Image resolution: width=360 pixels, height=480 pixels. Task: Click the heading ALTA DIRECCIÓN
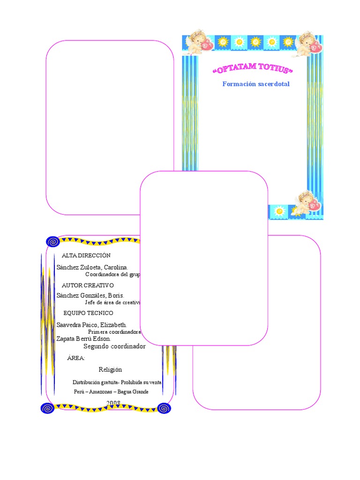tap(86, 255)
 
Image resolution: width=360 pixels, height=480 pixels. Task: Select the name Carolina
tap(112, 267)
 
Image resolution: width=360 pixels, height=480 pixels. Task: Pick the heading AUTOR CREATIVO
tap(88, 285)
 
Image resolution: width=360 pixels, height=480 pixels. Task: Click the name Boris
tap(115, 296)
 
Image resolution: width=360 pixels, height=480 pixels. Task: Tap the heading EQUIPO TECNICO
tap(88, 313)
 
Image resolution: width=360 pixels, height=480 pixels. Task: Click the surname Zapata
tap(66, 338)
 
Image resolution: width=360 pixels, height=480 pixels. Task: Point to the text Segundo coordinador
tap(114, 346)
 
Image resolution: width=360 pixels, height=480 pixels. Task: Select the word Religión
tap(110, 369)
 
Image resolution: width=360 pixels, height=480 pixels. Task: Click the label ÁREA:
tap(76, 358)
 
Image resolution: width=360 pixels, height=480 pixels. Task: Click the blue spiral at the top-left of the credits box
tap(52, 241)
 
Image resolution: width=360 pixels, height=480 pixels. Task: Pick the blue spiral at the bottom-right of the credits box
tap(164, 408)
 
